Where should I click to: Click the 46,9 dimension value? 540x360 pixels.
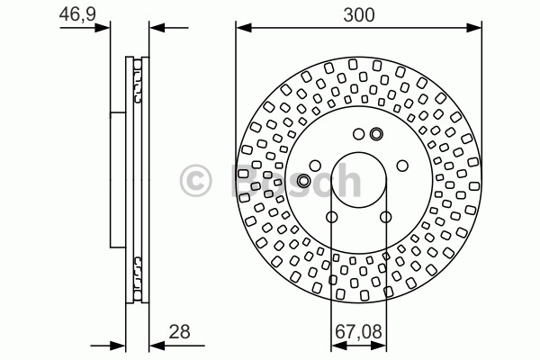[x=77, y=14]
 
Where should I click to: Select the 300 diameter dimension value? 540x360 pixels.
[x=358, y=15]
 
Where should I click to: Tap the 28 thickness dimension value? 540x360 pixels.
[x=179, y=332]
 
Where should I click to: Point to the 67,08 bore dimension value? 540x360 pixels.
[x=358, y=332]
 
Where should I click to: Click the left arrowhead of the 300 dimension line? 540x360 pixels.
[x=244, y=28]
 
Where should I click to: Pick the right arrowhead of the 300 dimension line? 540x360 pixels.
[x=474, y=28]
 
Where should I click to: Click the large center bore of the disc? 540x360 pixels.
[x=358, y=180]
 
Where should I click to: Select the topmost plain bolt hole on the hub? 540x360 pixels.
[x=359, y=134]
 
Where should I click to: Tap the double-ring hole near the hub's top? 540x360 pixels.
[x=376, y=134]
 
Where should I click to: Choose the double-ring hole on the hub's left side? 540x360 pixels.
[x=303, y=181]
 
